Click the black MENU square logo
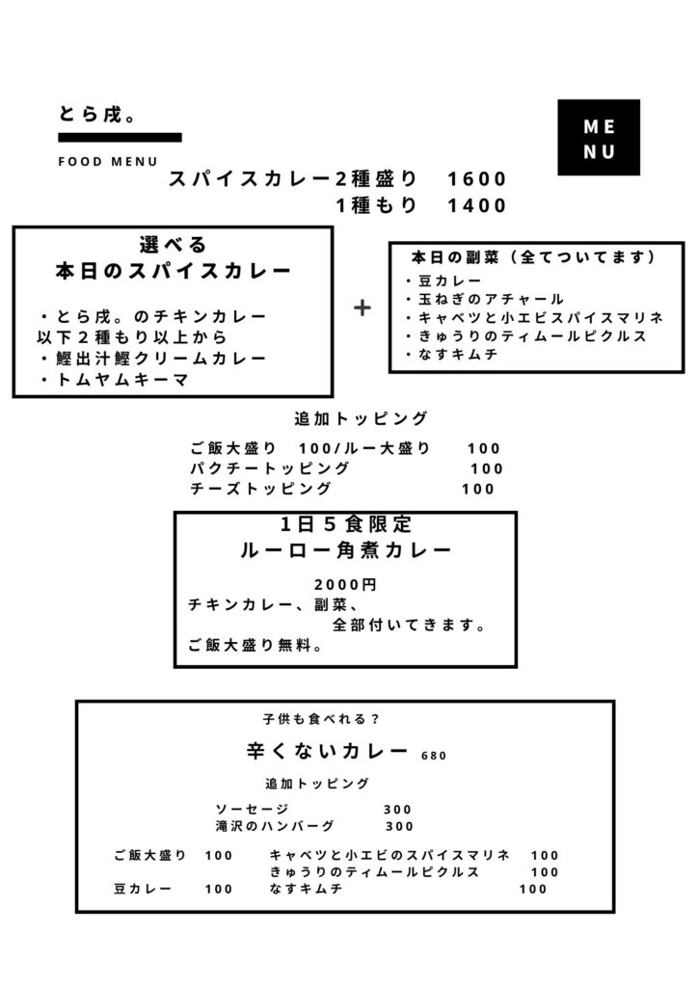coord(599,137)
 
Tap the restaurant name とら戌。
coord(97,115)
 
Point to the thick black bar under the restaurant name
coord(121,137)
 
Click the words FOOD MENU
coord(108,162)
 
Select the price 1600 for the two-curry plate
coord(477,179)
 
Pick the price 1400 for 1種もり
coord(477,206)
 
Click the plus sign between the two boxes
coord(362,307)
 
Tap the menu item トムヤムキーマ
coord(115,380)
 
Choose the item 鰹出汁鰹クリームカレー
coord(153,359)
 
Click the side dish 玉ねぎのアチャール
coord(485,299)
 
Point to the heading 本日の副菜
coord(455,257)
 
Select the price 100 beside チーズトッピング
coord(478,489)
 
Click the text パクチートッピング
coord(269,468)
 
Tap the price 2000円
coord(345,585)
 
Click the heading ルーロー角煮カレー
coord(345,550)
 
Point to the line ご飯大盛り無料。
coord(255,645)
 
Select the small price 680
coord(434,756)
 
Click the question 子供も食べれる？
coord(322,719)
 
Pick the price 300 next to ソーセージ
coord(398,810)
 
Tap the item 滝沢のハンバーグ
coord(275,826)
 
